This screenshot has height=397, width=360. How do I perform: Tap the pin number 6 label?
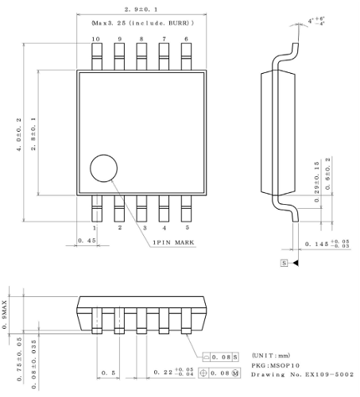(186, 39)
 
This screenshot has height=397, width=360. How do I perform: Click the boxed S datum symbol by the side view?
(285, 261)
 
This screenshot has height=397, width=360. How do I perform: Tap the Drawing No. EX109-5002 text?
(303, 375)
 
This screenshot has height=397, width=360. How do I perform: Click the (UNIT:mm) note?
(270, 354)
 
